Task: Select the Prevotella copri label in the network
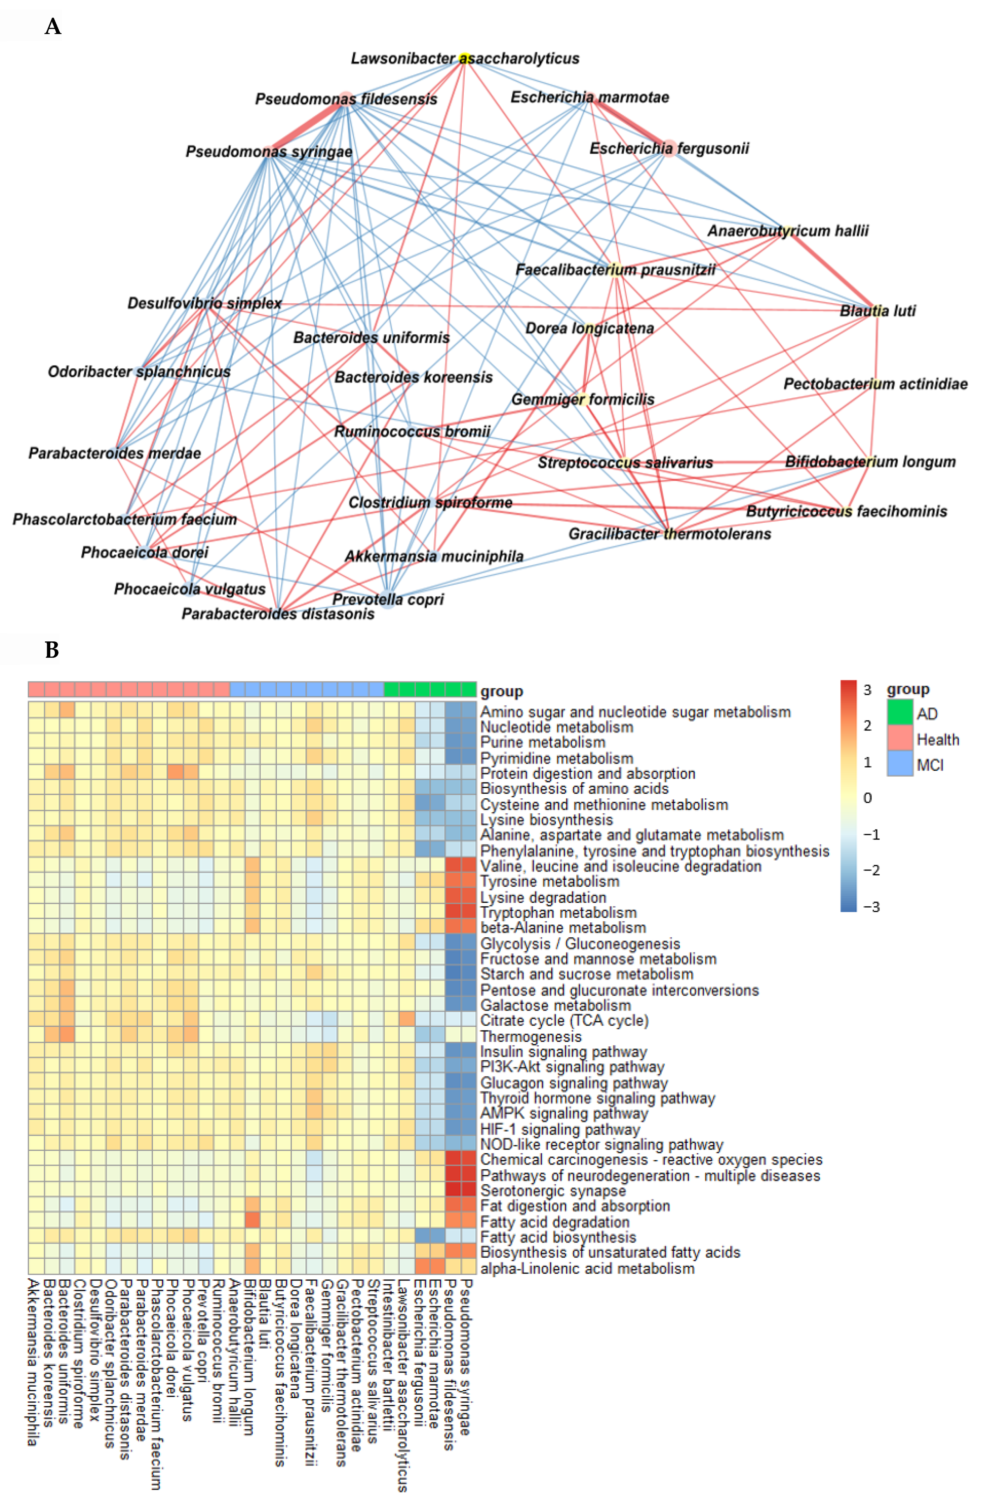(x=388, y=600)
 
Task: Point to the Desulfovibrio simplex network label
(x=204, y=303)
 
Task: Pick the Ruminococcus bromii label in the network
(x=412, y=432)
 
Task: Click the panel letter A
(x=53, y=27)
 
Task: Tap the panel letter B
(x=52, y=650)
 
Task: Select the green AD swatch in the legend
(x=900, y=713)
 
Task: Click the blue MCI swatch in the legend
(x=900, y=764)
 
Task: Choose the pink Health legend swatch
(x=900, y=739)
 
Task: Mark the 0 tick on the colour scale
(x=867, y=798)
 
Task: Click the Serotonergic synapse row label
(x=553, y=1191)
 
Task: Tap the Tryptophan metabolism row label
(x=558, y=913)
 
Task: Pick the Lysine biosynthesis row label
(x=546, y=820)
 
